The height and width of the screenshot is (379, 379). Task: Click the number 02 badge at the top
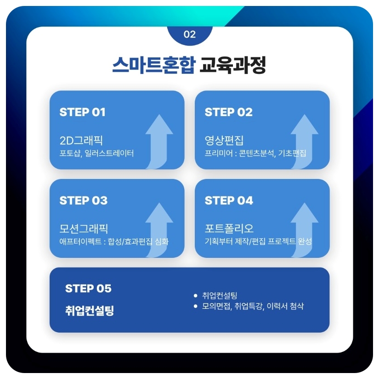[x=189, y=34]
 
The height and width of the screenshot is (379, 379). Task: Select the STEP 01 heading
[x=83, y=112]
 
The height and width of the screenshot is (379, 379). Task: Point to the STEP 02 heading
[x=228, y=112]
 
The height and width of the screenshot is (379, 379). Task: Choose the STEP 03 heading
[x=84, y=201]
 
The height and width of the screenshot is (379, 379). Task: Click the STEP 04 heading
[x=229, y=201]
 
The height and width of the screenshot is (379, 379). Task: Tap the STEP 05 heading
[x=88, y=289]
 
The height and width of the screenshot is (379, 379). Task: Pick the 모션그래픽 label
[x=84, y=228]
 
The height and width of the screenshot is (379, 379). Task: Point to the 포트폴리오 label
[x=229, y=228]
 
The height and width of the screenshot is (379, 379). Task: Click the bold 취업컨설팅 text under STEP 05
[x=90, y=311]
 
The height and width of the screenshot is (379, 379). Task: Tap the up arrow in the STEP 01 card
[x=159, y=140]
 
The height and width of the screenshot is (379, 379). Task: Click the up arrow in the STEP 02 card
[x=304, y=140]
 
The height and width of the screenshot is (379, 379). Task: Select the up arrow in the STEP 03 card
[x=159, y=228]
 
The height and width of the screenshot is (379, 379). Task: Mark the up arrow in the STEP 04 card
[x=304, y=228]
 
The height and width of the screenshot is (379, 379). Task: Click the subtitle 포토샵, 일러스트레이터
[x=96, y=153]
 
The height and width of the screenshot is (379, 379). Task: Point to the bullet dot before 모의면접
[x=196, y=306]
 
